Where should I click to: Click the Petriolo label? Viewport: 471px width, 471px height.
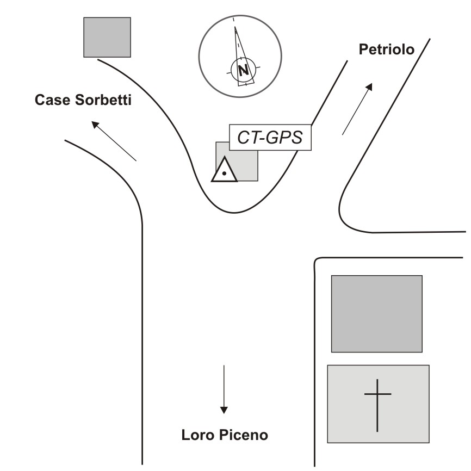click(387, 50)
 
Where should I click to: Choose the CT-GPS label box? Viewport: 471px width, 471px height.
click(270, 137)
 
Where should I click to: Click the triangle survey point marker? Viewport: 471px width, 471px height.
click(224, 170)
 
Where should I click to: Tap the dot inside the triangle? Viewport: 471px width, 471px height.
click(224, 173)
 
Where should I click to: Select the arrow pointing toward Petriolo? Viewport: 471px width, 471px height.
click(357, 109)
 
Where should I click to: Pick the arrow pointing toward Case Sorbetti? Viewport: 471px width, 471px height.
click(114, 141)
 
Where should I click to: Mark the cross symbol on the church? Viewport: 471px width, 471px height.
click(377, 405)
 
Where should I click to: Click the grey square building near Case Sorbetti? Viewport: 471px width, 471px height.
click(107, 37)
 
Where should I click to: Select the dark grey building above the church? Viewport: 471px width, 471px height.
click(376, 313)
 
